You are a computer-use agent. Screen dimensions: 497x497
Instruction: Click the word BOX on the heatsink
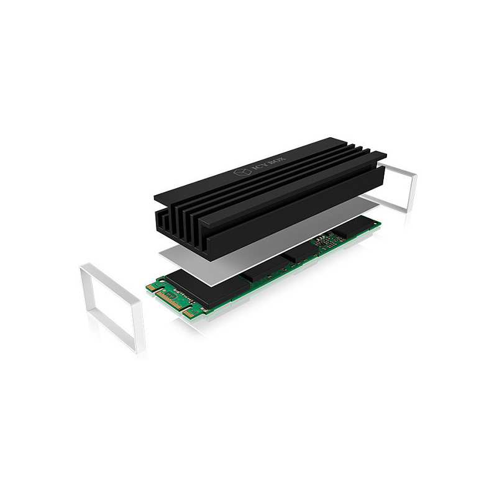coord(276,161)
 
